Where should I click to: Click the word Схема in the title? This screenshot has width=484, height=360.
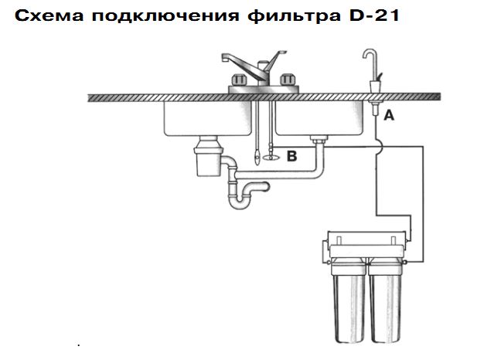point(49,15)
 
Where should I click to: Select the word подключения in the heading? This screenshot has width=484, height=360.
point(165,16)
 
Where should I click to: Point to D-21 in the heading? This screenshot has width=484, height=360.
point(374,15)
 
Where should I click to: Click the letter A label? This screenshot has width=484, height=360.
point(389,115)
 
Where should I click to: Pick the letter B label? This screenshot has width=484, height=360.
point(292,156)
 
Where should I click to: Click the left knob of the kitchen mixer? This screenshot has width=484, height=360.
point(239,80)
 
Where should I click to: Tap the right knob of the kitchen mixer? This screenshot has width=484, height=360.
point(288,80)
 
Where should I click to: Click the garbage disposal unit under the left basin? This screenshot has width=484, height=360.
point(208,156)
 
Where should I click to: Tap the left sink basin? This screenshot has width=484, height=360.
point(207,118)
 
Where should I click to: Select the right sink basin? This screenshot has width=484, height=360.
point(319,118)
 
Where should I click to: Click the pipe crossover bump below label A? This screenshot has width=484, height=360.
point(379,146)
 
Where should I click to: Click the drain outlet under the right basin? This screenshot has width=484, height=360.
point(319,140)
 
